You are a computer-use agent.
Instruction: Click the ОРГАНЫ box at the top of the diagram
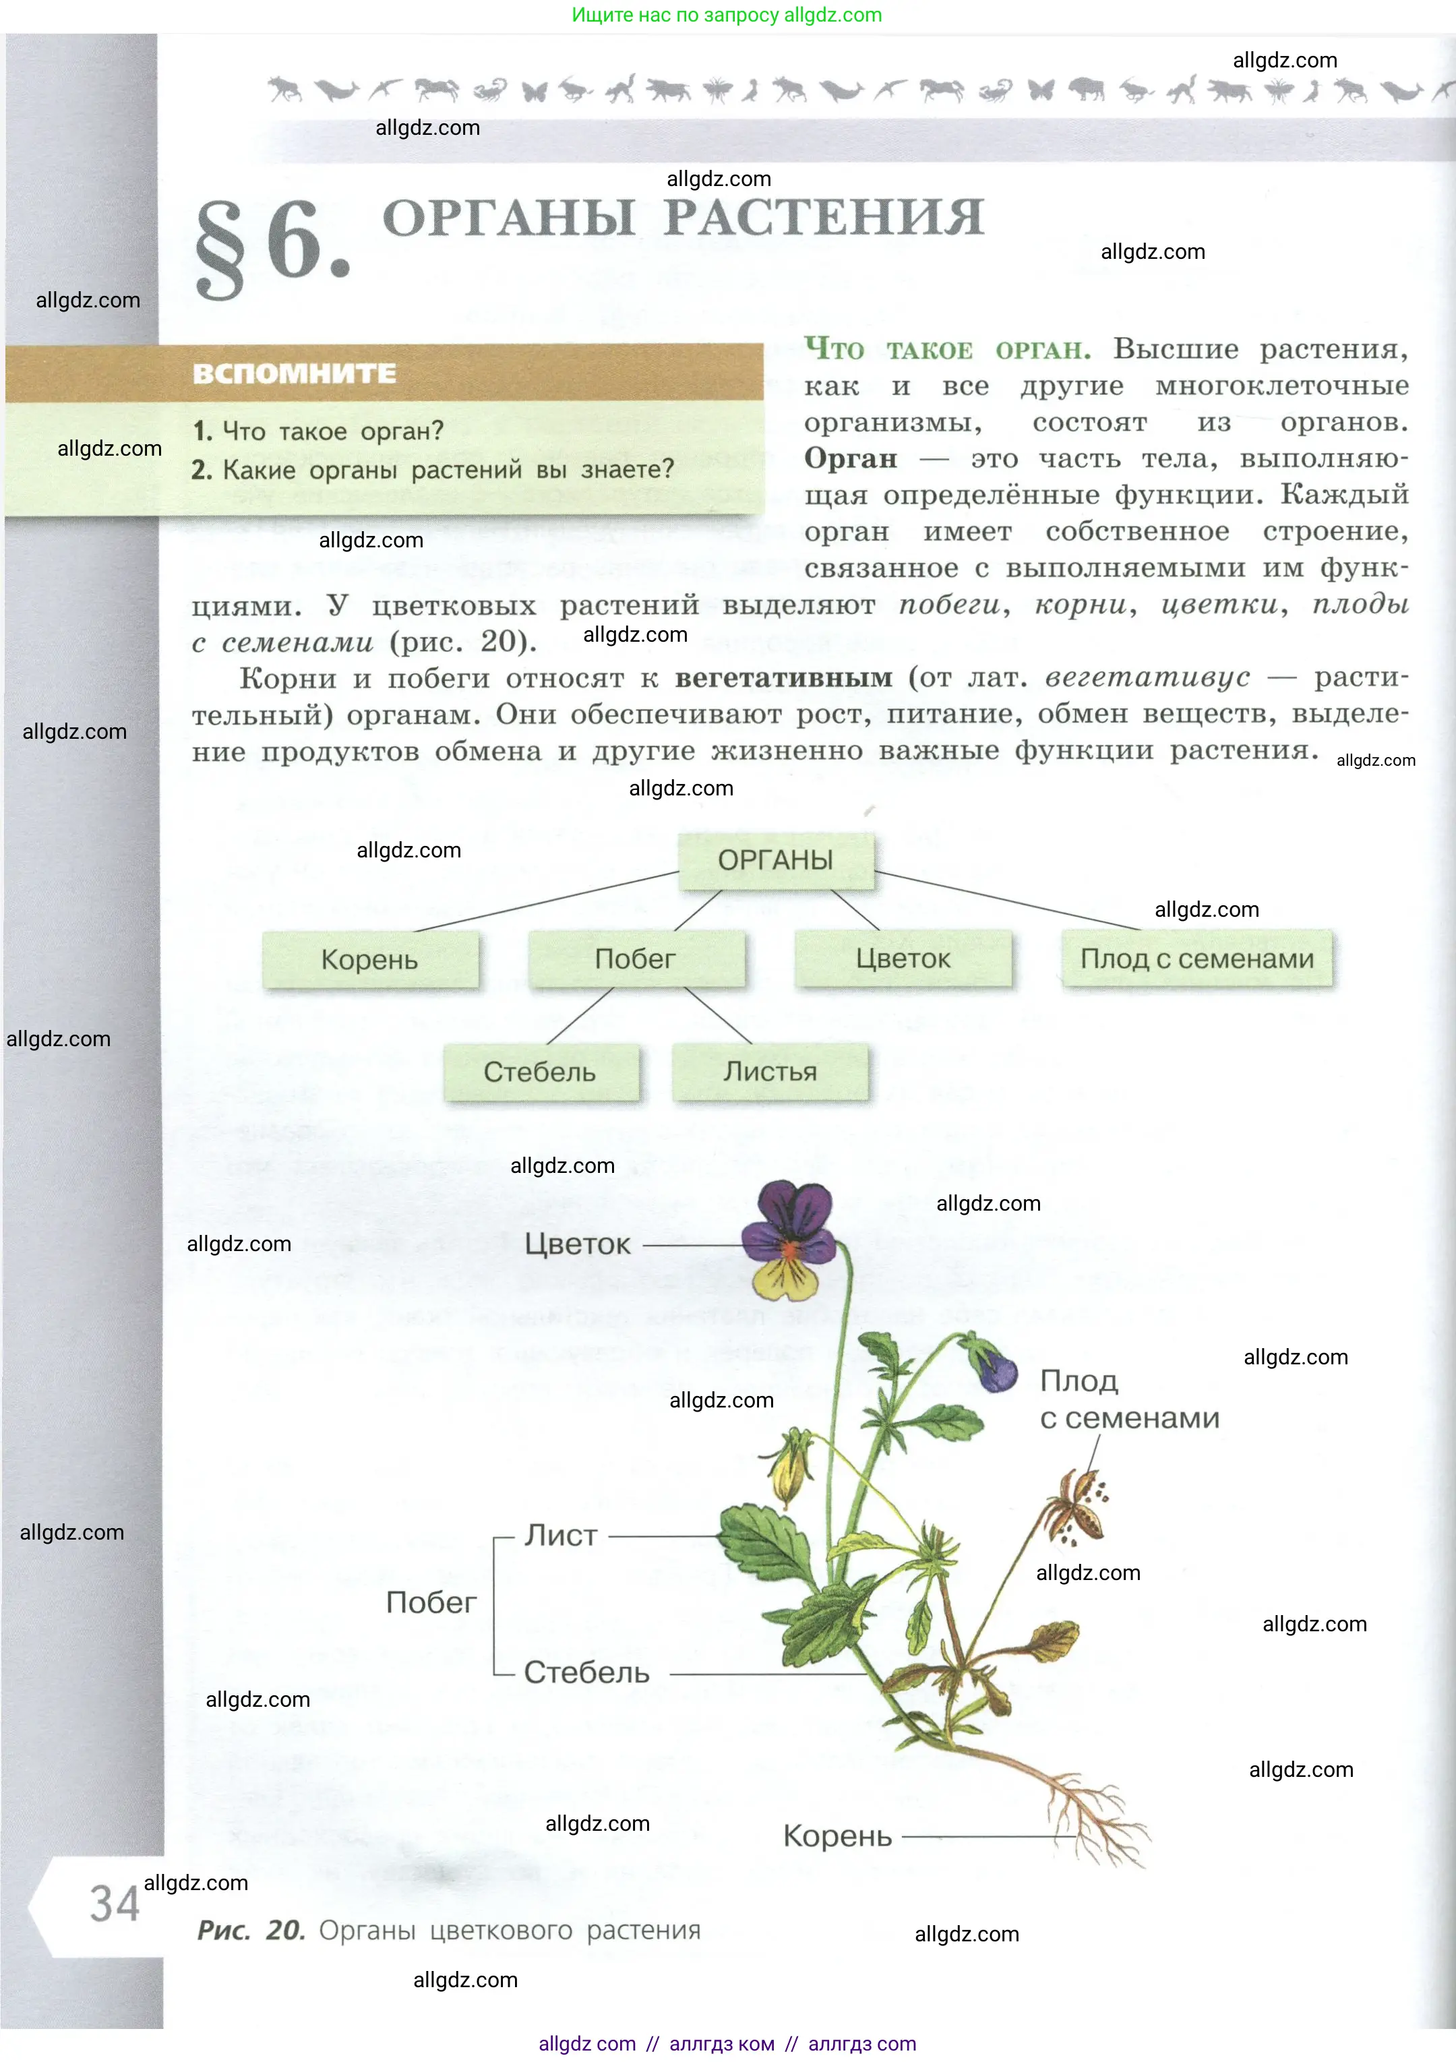[x=775, y=860]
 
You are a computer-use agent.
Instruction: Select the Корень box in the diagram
[x=369, y=959]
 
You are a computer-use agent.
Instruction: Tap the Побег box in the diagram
[x=635, y=959]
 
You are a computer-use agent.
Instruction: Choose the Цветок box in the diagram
[x=903, y=959]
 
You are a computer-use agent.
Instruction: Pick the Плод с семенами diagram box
[x=1196, y=959]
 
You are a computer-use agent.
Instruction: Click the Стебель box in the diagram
[x=540, y=1071]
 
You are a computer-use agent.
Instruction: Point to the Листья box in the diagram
[x=770, y=1071]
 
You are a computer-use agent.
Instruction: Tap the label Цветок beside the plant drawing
[x=578, y=1245]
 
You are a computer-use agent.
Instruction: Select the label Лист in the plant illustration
[x=560, y=1536]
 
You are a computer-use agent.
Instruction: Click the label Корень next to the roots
[x=837, y=1836]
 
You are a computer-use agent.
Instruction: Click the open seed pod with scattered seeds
[x=1078, y=1509]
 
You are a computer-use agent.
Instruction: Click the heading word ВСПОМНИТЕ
[x=295, y=373]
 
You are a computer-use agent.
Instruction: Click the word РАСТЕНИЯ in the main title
[x=824, y=218]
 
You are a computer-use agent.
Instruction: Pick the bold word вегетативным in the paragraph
[x=783, y=678]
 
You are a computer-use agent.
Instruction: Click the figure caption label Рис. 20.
[x=251, y=1930]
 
